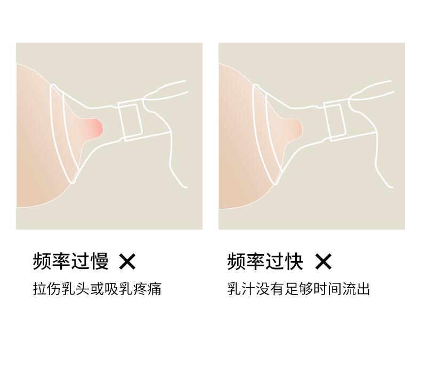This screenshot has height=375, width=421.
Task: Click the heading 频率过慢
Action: [71, 261]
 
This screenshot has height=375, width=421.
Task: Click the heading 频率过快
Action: [265, 261]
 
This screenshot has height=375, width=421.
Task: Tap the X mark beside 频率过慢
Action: [127, 262]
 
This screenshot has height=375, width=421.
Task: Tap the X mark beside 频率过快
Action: [323, 262]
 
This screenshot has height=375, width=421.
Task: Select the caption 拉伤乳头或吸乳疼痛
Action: [97, 289]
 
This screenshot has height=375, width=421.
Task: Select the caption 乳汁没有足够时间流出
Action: [298, 289]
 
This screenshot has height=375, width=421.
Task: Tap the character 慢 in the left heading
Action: [100, 261]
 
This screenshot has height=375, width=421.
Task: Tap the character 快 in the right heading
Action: [294, 261]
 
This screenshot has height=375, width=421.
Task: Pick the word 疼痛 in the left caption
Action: [148, 289]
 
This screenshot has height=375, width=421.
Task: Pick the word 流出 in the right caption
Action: [357, 289]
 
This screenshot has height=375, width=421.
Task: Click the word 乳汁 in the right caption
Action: [241, 289]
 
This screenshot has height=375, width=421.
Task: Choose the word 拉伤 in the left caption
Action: [47, 289]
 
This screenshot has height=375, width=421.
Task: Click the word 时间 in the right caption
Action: [328, 289]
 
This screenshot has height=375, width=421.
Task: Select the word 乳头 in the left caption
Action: [76, 289]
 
